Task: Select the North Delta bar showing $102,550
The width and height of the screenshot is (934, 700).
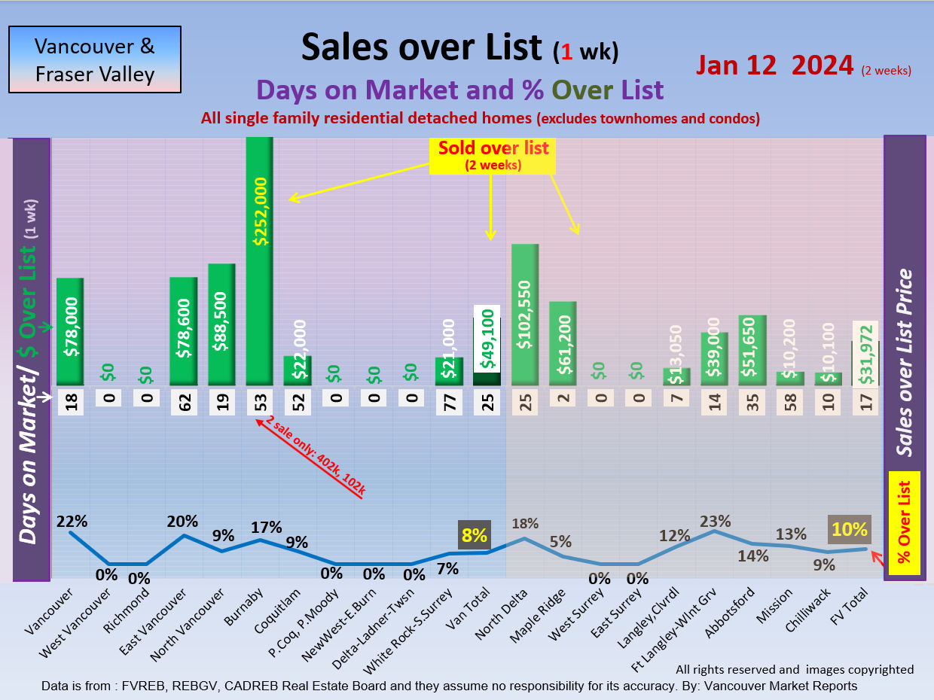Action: pyautogui.click(x=524, y=315)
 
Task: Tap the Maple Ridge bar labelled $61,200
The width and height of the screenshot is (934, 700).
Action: pyautogui.click(x=562, y=344)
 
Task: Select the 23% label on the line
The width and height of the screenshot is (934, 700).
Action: pyautogui.click(x=715, y=520)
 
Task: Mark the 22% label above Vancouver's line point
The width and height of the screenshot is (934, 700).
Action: pyautogui.click(x=71, y=521)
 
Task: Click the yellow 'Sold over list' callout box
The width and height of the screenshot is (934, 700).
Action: pyautogui.click(x=493, y=154)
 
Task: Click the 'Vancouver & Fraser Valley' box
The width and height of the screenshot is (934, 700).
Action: pyautogui.click(x=95, y=59)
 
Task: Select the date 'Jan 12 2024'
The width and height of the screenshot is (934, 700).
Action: pyautogui.click(x=775, y=65)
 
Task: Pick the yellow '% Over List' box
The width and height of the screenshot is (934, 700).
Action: pyautogui.click(x=905, y=523)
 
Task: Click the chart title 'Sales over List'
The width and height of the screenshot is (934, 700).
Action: pyautogui.click(x=421, y=47)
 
